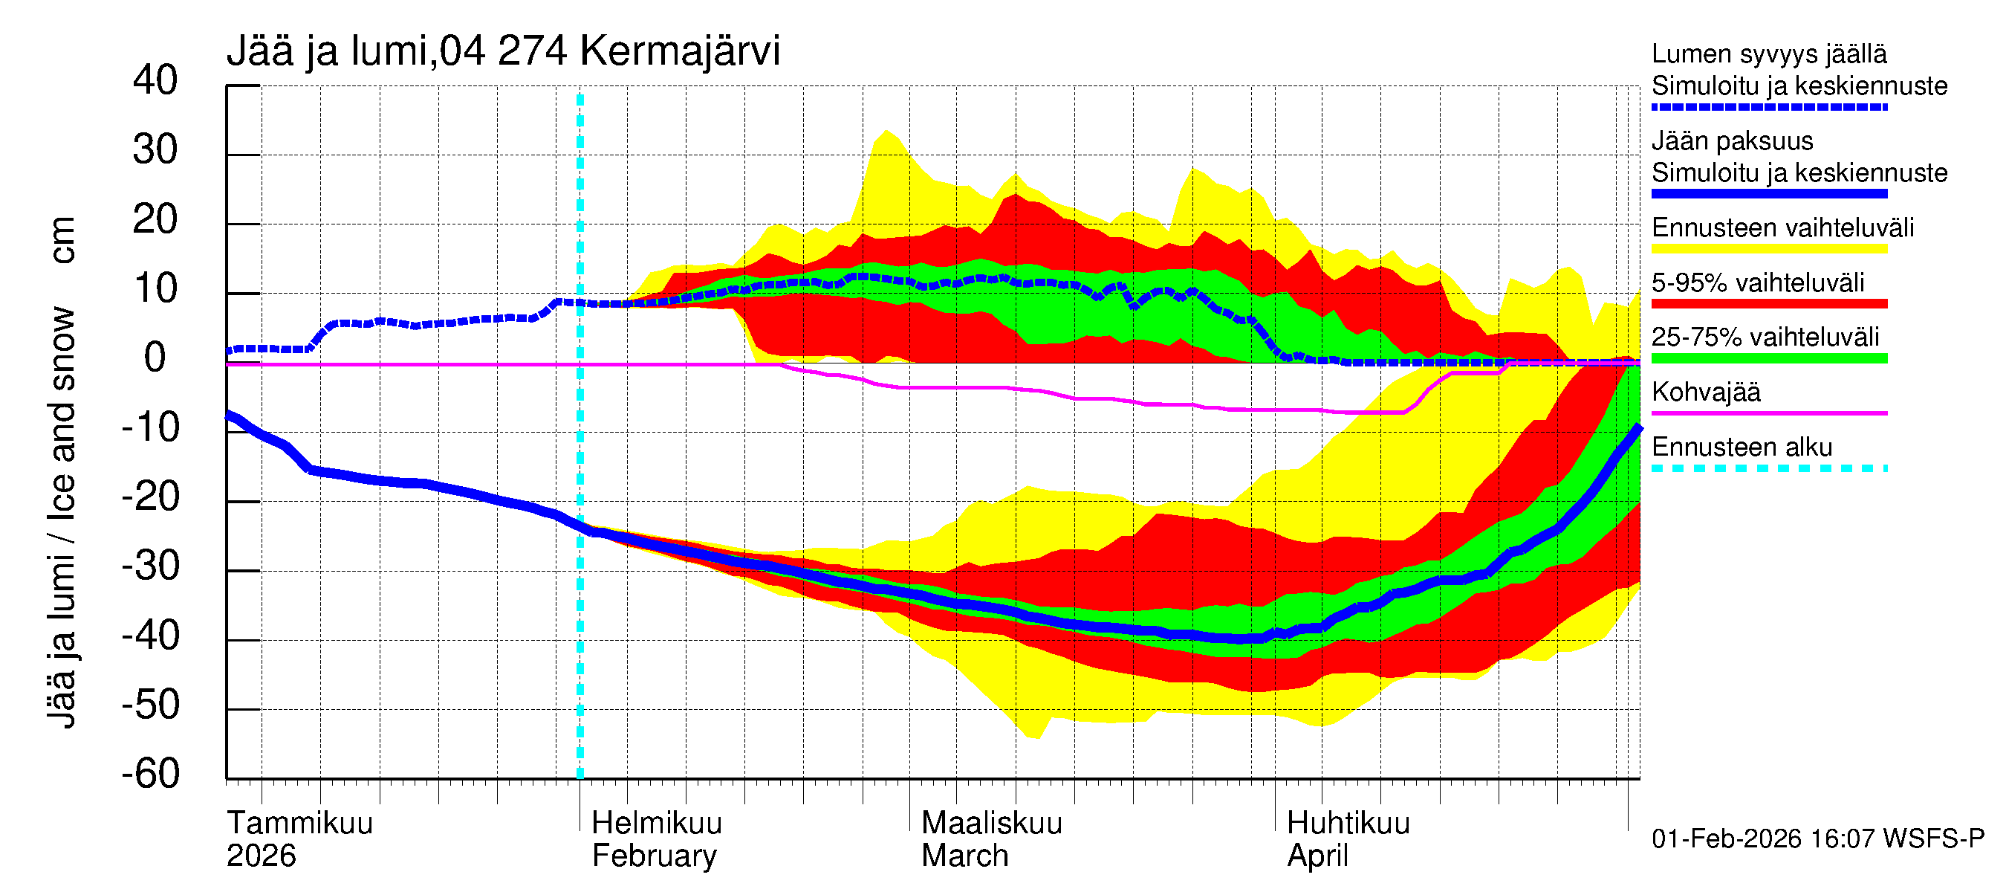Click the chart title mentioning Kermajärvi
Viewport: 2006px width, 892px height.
point(503,52)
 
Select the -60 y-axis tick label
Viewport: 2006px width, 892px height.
point(151,774)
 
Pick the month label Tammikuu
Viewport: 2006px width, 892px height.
point(300,823)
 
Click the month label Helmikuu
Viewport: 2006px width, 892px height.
point(657,823)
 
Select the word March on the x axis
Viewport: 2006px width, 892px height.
point(965,856)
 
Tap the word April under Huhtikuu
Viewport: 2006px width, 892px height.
point(1317,856)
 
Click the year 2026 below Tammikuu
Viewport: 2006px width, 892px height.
point(262,856)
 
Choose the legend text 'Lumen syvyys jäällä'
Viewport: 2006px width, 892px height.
point(1769,54)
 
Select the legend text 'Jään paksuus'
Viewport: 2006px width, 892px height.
point(1733,141)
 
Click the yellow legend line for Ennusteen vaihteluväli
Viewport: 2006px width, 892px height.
point(1769,249)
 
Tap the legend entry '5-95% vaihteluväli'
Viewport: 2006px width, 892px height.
point(1758,282)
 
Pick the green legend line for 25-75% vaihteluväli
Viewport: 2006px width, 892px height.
point(1769,358)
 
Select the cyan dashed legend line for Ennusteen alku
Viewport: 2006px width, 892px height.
point(1769,468)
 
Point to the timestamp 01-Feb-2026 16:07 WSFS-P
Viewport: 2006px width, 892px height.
point(1817,838)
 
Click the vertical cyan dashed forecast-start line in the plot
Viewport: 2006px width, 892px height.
point(580,468)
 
